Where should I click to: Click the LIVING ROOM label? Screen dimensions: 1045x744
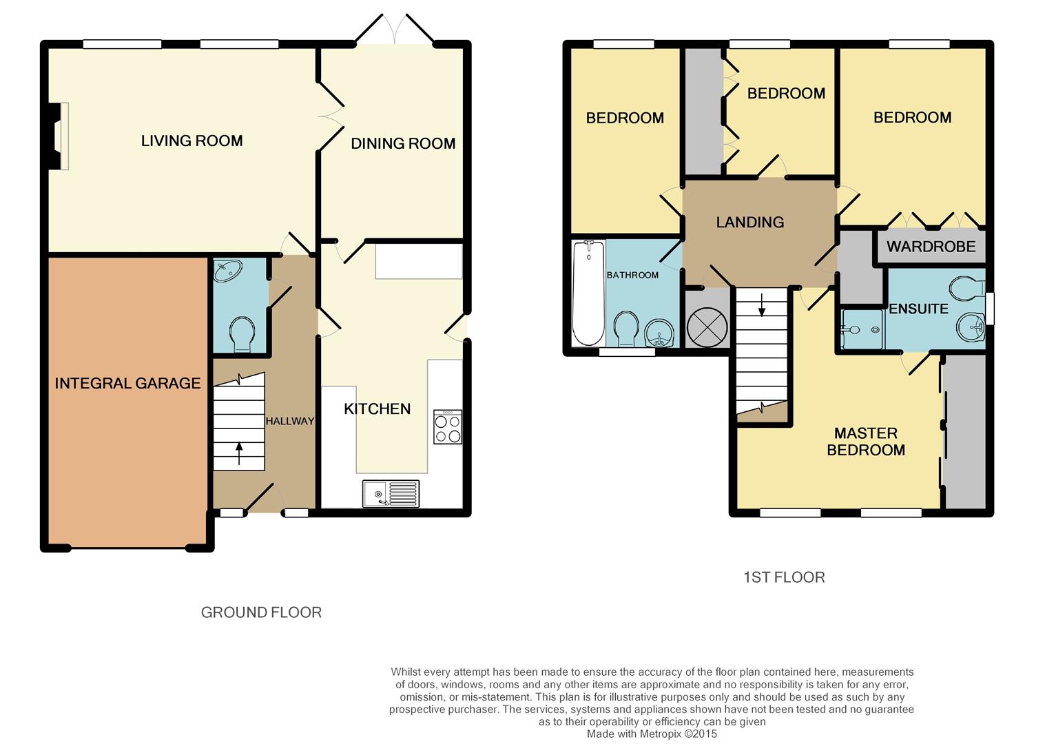[192, 141]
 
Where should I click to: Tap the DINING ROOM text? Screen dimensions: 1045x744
[403, 144]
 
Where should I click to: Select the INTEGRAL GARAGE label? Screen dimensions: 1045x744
[127, 384]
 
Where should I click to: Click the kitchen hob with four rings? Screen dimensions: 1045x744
[447, 427]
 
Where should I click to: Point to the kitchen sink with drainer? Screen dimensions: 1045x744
[391, 493]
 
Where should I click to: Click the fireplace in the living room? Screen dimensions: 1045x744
[59, 136]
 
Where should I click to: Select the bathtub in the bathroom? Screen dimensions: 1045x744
[589, 293]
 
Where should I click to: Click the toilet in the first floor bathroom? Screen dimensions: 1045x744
[625, 329]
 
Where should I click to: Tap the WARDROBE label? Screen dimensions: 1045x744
[931, 247]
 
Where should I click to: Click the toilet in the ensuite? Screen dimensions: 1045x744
[967, 289]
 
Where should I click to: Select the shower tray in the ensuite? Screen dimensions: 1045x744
[862, 330]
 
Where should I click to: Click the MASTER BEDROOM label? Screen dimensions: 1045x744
[866, 442]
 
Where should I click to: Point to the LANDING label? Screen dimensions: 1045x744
[750, 223]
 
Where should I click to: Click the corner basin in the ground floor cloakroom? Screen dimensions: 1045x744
[227, 271]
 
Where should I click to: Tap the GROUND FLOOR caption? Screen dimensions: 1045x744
[261, 612]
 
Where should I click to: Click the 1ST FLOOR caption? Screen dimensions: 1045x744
[784, 577]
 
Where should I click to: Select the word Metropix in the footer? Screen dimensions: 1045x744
[661, 734]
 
